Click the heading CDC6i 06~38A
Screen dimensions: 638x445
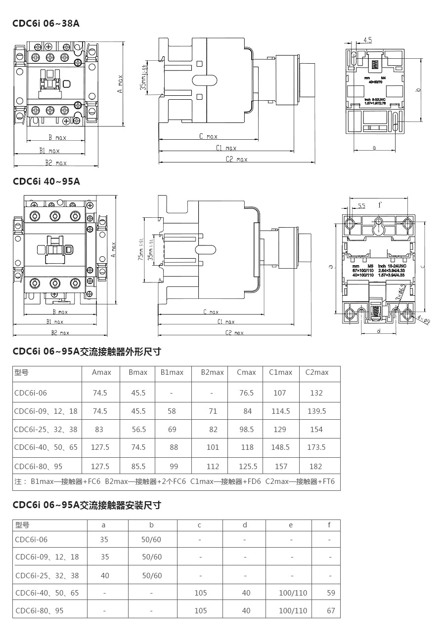[x=46, y=23]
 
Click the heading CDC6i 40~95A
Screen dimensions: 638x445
[x=46, y=181]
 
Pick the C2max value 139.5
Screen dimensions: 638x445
[x=316, y=411]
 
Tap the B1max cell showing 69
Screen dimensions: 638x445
[x=172, y=429]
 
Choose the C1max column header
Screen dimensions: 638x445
[x=280, y=372]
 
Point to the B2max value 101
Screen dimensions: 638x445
[x=213, y=447]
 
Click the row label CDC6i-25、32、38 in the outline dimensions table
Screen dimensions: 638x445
[x=46, y=429]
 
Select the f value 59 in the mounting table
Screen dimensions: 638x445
[x=331, y=593]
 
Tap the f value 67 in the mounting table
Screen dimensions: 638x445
[x=331, y=611]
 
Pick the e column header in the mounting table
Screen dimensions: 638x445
[x=291, y=525]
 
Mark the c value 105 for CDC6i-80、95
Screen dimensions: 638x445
[x=201, y=611]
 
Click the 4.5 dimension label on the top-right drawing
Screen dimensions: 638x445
[x=367, y=40]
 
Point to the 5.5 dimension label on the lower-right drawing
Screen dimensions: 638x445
[x=361, y=205]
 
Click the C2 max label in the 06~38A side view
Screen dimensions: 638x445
[x=236, y=159]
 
